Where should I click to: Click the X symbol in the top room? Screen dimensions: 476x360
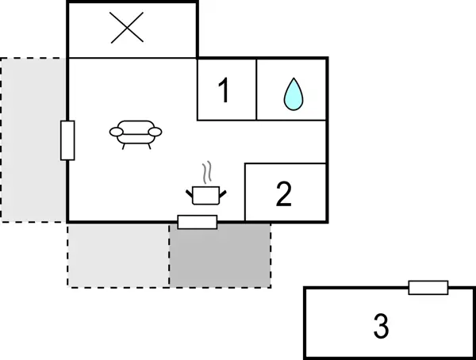pos(127,28)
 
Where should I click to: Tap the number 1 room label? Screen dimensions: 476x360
pos(224,90)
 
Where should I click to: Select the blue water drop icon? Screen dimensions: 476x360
pos(294,94)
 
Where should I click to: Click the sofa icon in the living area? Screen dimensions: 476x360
pos(136,135)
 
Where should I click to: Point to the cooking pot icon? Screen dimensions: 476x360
pos(206,196)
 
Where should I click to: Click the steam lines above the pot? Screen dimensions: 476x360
pos(207,172)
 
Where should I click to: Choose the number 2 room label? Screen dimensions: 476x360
pos(284,194)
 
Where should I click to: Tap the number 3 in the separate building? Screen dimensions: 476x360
pos(381,326)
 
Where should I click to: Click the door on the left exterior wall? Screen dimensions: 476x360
pos(67,140)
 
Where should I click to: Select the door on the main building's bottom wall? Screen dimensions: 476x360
pos(198,222)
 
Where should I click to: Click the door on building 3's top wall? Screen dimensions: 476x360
pos(428,288)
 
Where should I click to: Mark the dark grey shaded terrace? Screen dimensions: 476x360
pos(220,255)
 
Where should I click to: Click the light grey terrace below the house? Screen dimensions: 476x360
pos(118,255)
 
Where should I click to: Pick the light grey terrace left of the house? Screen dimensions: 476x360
pos(33,140)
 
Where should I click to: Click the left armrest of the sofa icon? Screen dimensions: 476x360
pos(117,132)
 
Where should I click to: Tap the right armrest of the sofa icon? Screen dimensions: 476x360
pos(155,132)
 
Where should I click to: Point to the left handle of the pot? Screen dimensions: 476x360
pos(190,193)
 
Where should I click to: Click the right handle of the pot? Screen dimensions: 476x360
pos(223,193)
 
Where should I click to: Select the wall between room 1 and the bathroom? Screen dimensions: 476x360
pos(256,90)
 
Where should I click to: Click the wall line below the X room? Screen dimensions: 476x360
pos(132,58)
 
